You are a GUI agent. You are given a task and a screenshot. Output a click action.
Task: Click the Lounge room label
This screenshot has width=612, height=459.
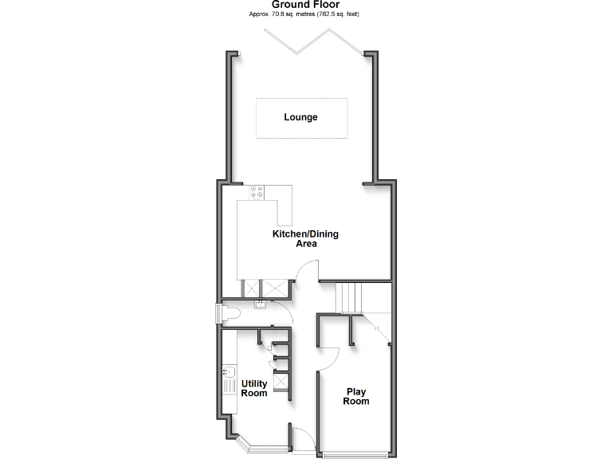point(300,117)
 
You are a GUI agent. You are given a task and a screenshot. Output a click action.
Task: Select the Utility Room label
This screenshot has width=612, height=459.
point(254,389)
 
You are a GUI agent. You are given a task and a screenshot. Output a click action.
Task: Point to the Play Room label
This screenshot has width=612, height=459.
point(356,396)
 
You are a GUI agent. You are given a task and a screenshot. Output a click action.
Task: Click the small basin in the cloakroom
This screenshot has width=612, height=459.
point(261,304)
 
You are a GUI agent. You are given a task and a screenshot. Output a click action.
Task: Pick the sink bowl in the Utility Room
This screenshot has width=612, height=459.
point(229,372)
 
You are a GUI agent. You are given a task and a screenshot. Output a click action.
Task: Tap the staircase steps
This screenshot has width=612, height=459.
point(348,297)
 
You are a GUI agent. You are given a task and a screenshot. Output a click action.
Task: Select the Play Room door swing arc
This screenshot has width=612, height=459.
point(330,359)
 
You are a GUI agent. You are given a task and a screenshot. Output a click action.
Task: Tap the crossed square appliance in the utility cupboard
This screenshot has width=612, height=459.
point(281,383)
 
